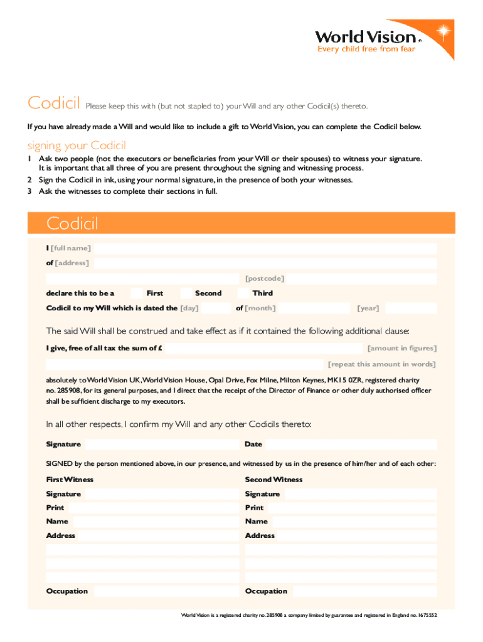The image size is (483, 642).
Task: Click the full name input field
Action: [263, 248]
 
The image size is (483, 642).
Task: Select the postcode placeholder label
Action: [264, 278]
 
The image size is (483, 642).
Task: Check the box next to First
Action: [137, 293]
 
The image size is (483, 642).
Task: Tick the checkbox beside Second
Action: [186, 293]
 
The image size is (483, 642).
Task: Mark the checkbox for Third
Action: [243, 293]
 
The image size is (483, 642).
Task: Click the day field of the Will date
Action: [216, 308]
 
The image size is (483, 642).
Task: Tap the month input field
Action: [312, 308]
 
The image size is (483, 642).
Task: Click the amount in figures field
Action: [263, 348]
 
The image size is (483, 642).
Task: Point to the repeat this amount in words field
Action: [185, 364]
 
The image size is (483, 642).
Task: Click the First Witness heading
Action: [70, 480]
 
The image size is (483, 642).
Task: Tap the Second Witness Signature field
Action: [359, 494]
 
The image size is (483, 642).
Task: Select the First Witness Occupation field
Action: [166, 591]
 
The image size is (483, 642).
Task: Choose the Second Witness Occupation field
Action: [364, 591]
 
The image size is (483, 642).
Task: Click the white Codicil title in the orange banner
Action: [72, 223]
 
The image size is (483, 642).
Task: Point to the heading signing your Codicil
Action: [77, 145]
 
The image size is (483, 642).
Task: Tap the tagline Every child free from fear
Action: [366, 49]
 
